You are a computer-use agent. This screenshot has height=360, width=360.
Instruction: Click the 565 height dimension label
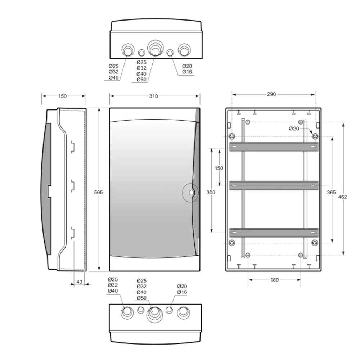pyautogui.click(x=98, y=192)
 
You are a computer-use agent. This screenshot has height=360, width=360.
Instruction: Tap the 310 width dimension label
pyautogui.click(x=153, y=96)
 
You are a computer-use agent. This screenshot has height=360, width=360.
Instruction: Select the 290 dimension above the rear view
pyautogui.click(x=271, y=94)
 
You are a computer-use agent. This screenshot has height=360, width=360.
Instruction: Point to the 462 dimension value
pyautogui.click(x=342, y=197)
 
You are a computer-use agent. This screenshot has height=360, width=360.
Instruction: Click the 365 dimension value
pyautogui.click(x=331, y=192)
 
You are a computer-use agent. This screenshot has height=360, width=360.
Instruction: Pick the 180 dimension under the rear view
pyautogui.click(x=275, y=280)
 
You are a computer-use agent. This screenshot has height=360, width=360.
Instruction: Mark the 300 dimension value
pyautogui.click(x=211, y=192)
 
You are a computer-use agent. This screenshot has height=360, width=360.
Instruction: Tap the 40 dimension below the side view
pyautogui.click(x=79, y=282)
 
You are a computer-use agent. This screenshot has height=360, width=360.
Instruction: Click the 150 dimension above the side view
pyautogui.click(x=62, y=96)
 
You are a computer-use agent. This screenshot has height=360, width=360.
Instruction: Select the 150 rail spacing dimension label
pyautogui.click(x=219, y=168)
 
